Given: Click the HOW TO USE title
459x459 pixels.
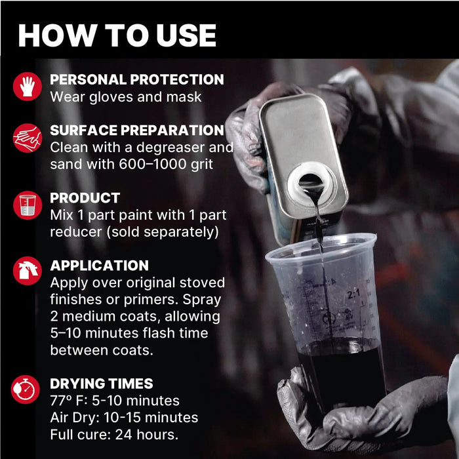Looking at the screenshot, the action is click(117, 35).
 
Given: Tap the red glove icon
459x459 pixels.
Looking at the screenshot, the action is click(28, 87).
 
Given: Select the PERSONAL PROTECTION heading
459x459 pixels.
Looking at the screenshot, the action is click(136, 79).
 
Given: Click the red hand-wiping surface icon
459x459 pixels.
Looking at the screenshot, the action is click(28, 138).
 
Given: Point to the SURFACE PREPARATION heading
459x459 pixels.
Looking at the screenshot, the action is click(136, 130).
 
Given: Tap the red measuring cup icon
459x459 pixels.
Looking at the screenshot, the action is click(28, 205).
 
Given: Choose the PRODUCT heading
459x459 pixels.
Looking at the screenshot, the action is click(85, 198).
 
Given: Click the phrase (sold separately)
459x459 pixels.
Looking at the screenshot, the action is click(163, 232).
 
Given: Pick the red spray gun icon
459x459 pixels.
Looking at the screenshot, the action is click(28, 271).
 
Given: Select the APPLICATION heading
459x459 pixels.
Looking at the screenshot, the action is click(99, 266).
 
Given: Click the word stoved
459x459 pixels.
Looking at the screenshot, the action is click(202, 283).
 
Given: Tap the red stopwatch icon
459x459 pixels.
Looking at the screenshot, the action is click(26, 389).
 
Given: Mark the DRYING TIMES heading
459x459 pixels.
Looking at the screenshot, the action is click(101, 384).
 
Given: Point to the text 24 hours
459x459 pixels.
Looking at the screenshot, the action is click(146, 435).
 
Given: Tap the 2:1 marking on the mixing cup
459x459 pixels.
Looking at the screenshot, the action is click(353, 294).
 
